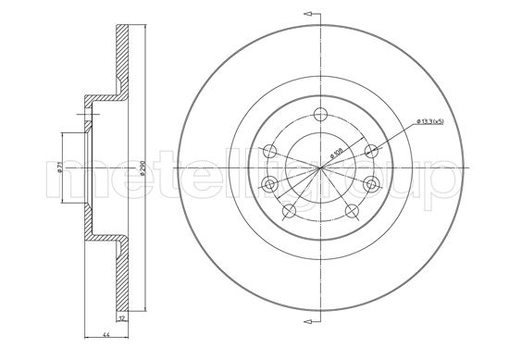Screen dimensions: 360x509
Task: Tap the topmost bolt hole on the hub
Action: click(x=321, y=115)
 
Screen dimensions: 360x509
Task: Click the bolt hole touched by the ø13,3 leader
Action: click(x=371, y=151)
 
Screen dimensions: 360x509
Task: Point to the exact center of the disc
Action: click(x=321, y=167)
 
